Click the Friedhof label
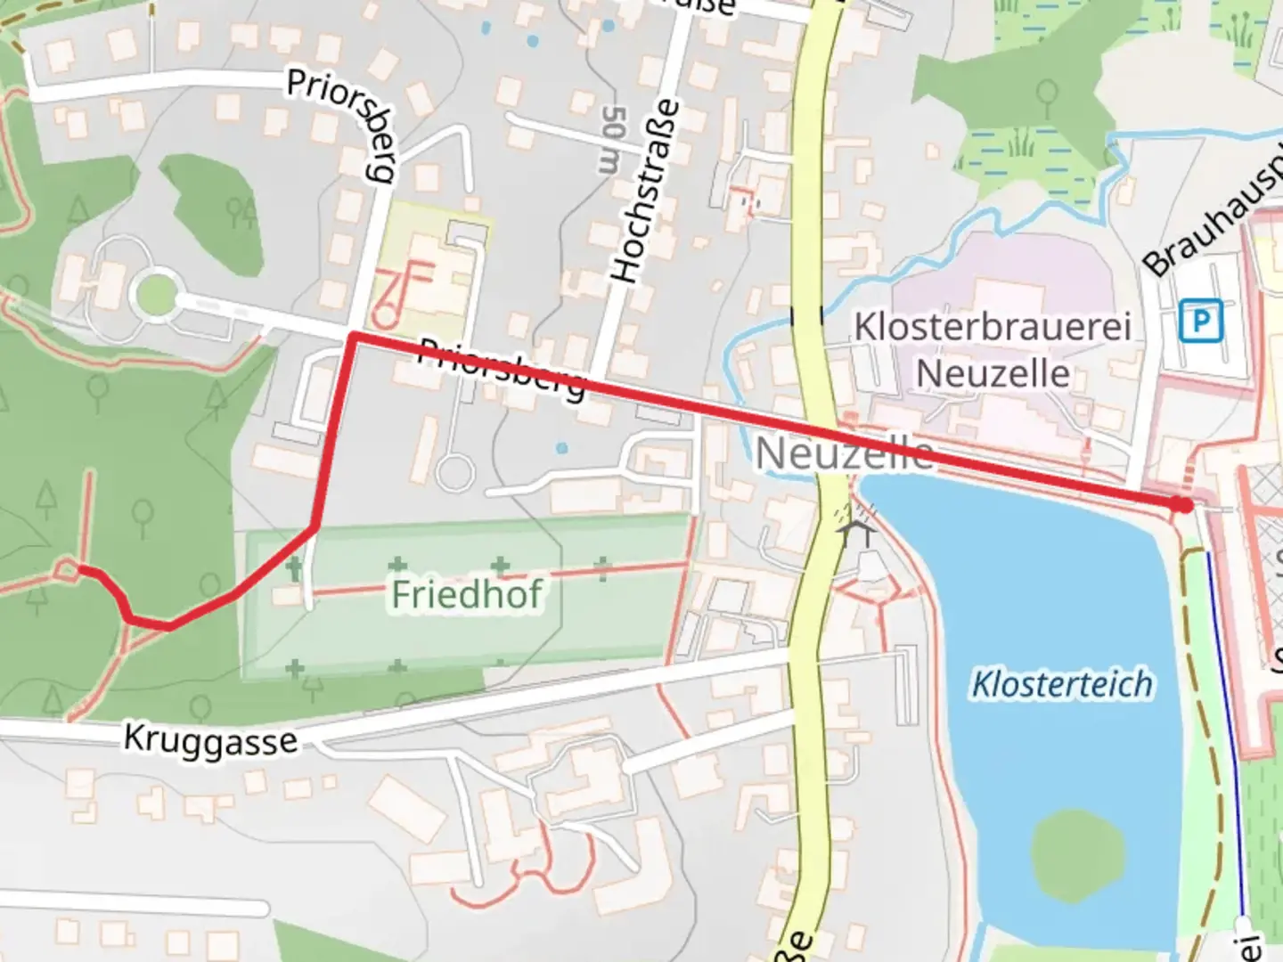click(467, 594)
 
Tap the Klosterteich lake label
click(1061, 684)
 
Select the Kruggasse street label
click(210, 739)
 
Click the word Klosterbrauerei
click(993, 326)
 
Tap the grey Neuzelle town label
click(844, 454)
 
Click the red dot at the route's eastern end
click(1182, 505)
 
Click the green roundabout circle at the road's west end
click(153, 293)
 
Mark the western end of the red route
click(81, 567)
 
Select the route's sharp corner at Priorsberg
click(353, 337)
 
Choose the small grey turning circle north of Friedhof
click(454, 472)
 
